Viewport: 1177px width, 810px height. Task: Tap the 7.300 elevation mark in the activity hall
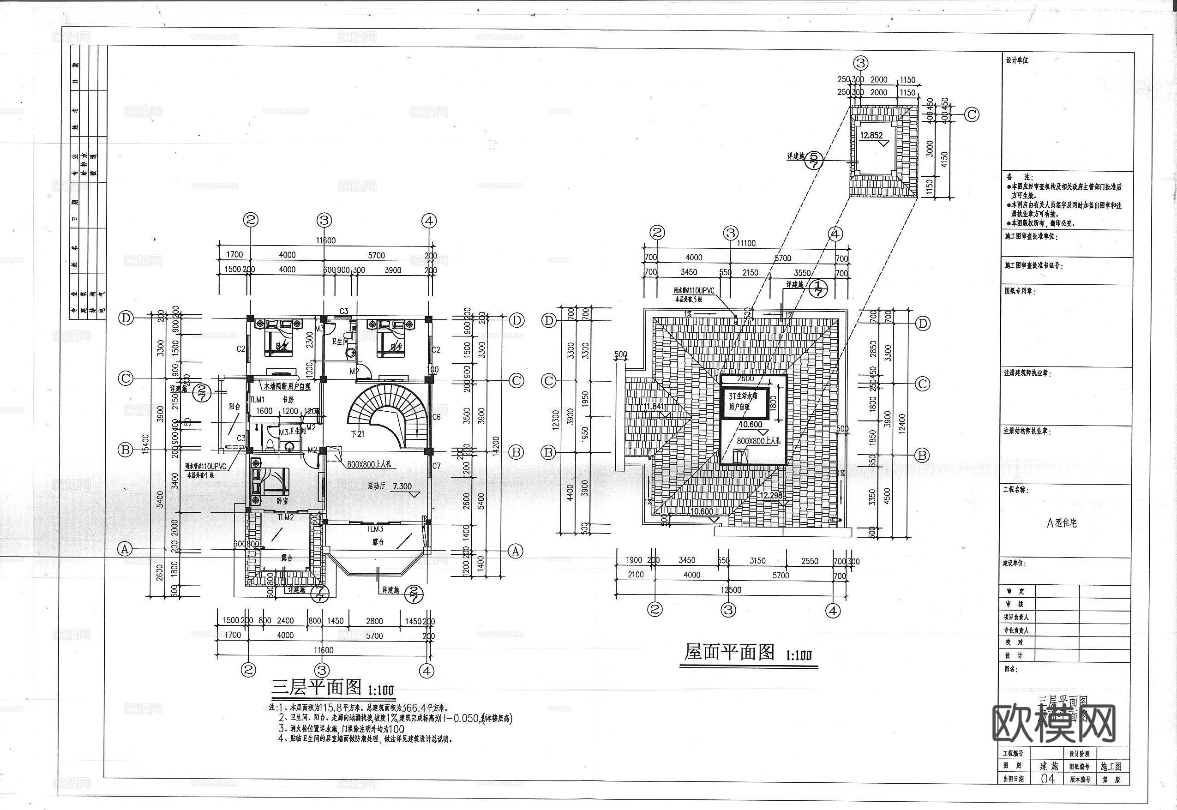pos(402,486)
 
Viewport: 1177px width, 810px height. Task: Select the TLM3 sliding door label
pos(375,529)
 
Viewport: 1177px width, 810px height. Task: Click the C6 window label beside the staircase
pos(436,417)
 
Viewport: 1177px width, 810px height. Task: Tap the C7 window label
pos(436,466)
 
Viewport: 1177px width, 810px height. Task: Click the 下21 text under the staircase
pos(357,434)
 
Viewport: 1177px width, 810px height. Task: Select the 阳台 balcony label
pos(234,407)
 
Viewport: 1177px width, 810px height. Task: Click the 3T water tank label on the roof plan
pos(743,402)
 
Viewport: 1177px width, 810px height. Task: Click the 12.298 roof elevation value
pos(770,495)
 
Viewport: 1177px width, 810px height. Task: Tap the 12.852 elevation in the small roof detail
pos(871,136)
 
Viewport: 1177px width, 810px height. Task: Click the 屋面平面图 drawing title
pos(729,652)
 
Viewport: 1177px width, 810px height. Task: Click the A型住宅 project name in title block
pos(1062,523)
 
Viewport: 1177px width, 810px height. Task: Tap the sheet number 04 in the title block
pos(1047,779)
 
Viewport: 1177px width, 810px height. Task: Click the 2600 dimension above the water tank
pos(745,378)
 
